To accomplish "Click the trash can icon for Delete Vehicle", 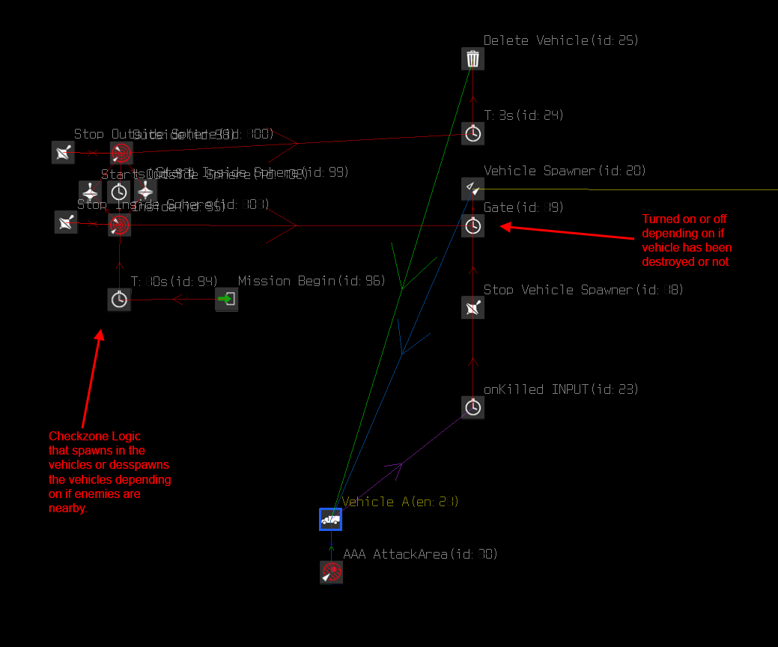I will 472,59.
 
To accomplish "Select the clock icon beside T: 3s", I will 472,134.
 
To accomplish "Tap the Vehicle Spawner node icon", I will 472,189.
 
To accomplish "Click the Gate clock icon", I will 472,225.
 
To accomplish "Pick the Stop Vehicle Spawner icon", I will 472,308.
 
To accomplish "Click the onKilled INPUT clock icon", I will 472,407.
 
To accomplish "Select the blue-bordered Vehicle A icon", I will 331,519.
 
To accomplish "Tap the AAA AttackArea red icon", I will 331,573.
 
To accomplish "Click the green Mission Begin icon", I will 226,300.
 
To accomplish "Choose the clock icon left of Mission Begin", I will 119,300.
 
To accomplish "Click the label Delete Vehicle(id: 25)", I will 561,40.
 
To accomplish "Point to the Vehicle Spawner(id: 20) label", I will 565,171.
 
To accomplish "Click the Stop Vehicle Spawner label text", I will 583,290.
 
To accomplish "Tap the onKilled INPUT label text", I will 561,389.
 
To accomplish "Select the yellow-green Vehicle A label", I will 400,502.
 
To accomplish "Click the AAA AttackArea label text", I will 420,554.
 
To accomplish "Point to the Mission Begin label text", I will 311,281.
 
